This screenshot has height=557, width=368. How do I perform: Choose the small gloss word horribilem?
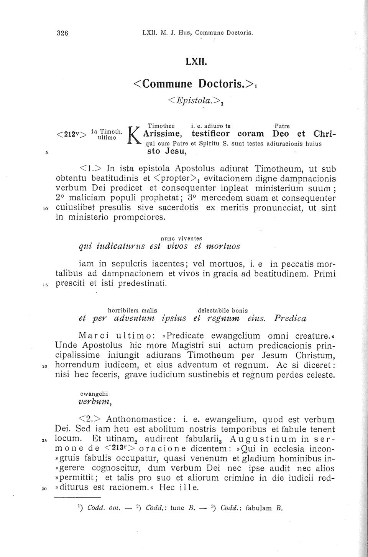coord(124,310)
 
